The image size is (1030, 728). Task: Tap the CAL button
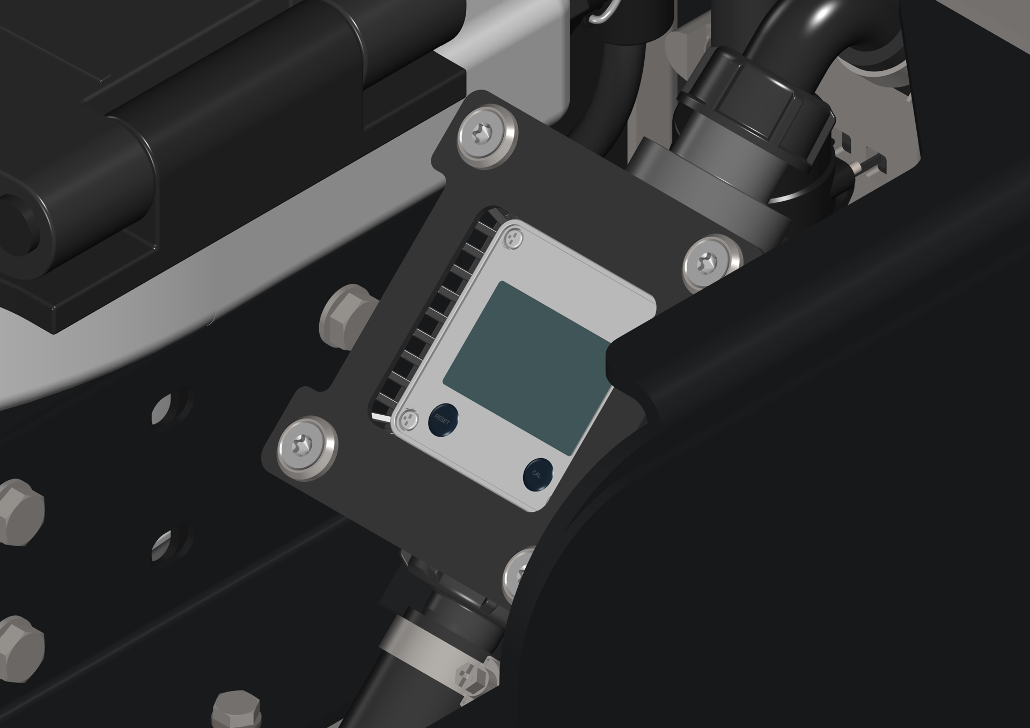(x=538, y=474)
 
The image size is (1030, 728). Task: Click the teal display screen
(x=526, y=368)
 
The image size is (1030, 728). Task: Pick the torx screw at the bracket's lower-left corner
(x=307, y=447)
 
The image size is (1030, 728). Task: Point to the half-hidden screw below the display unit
(x=519, y=574)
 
